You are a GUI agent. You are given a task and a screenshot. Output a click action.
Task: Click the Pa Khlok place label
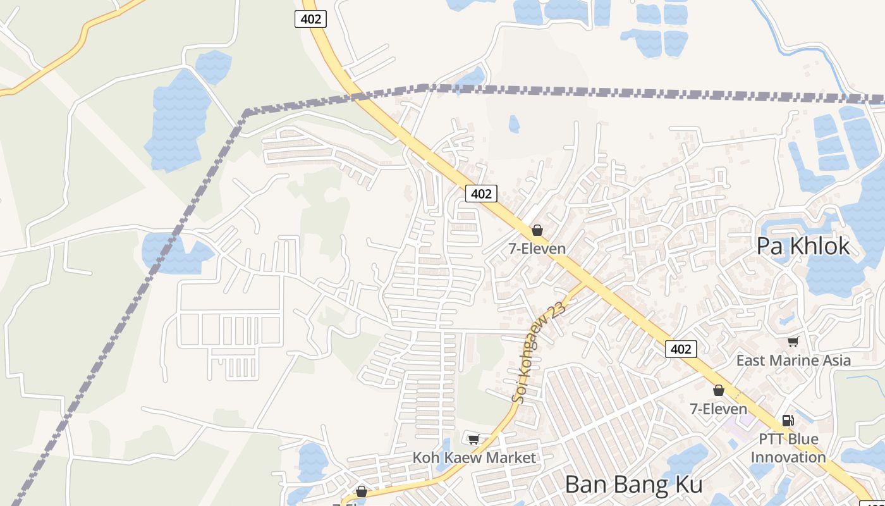pos(803,246)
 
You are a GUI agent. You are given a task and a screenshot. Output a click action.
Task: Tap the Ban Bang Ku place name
pos(633,484)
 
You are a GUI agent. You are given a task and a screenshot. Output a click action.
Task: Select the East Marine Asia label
pos(793,361)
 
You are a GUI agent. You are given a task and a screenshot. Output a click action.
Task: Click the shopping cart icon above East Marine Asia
pos(793,342)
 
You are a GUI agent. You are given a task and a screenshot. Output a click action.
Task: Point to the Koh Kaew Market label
pos(474,457)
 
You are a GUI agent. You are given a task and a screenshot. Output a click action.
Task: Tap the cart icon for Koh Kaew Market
pos(474,438)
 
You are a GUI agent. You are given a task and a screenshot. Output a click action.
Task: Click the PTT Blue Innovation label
pos(788,448)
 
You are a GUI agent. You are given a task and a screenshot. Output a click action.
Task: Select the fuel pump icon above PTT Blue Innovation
pos(788,420)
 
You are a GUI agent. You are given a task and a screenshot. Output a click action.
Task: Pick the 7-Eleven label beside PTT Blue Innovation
pos(718,409)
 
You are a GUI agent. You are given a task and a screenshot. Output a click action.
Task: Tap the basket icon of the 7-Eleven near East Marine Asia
pos(718,390)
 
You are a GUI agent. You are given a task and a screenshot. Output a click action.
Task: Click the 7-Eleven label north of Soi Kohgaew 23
pos(537,249)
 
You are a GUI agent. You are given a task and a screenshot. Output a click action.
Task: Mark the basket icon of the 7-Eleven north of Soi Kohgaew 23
pos(537,230)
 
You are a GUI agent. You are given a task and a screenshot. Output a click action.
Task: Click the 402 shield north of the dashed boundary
pos(310,19)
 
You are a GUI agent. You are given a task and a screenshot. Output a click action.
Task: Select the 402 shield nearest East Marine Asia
pos(681,349)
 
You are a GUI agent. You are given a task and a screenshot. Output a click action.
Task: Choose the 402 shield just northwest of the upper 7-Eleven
pos(481,194)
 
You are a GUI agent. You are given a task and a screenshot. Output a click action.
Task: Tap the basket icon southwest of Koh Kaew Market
pos(362,491)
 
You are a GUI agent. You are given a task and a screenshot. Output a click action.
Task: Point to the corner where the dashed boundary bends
pos(246,113)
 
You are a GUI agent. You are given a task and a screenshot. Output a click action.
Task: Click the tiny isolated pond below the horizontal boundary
pos(514,124)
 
